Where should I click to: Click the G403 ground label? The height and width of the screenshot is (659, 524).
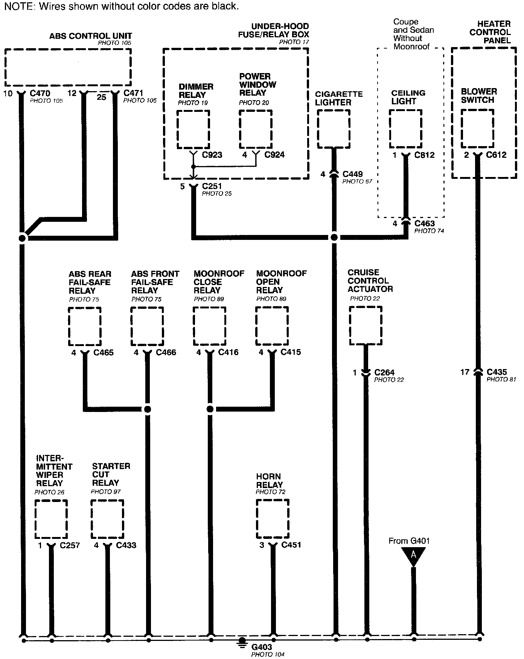coord(262,647)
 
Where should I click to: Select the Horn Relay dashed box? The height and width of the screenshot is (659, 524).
coord(273,519)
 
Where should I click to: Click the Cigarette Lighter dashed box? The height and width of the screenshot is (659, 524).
coord(334,129)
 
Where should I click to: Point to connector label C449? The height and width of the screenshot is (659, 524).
coord(352,174)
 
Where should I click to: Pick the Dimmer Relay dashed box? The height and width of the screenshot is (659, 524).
coord(193,129)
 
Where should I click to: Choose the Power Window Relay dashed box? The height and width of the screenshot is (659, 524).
coord(255,129)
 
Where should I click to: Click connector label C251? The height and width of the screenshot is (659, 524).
coord(212,186)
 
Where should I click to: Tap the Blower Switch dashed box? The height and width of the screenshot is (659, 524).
coord(477,129)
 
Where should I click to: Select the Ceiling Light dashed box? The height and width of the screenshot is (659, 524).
coord(405,129)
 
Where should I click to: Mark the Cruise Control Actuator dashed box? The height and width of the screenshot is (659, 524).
coord(366,325)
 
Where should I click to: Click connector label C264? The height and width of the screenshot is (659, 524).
coord(384,372)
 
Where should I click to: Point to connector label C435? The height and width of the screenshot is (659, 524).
coord(497,372)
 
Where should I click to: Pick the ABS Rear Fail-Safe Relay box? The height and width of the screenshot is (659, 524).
coord(85,326)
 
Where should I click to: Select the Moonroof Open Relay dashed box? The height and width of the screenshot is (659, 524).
coord(272,326)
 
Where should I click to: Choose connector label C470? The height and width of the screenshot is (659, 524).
coord(40,93)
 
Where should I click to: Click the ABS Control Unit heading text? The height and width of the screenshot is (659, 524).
coord(90,36)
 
